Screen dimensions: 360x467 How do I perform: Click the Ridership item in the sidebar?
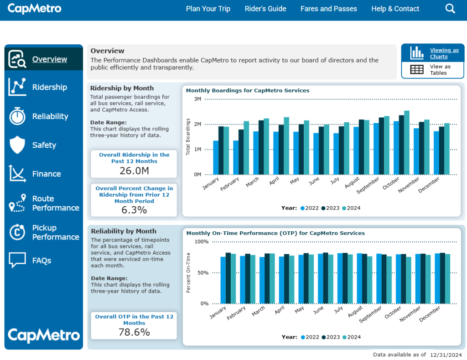click(x=49, y=87)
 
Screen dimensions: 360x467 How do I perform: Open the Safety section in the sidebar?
click(x=44, y=145)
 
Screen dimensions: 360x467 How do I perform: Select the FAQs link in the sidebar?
click(x=42, y=261)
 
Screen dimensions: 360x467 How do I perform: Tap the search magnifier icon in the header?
click(x=450, y=9)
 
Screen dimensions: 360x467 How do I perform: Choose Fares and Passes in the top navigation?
click(x=328, y=9)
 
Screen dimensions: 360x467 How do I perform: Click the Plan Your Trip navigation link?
click(x=208, y=9)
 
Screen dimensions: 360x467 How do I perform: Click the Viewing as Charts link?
click(x=444, y=53)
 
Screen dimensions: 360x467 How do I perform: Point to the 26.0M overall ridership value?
click(x=134, y=171)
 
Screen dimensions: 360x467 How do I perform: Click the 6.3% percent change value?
click(x=134, y=210)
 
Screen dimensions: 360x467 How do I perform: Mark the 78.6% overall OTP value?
click(x=134, y=332)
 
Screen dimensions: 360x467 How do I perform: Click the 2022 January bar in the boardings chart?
click(x=216, y=157)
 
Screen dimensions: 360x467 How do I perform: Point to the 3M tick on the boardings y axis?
click(x=197, y=99)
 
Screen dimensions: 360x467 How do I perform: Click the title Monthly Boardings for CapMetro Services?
click(x=248, y=90)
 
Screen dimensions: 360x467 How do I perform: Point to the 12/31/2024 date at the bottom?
click(x=446, y=355)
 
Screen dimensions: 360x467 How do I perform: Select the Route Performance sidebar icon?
click(x=17, y=203)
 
